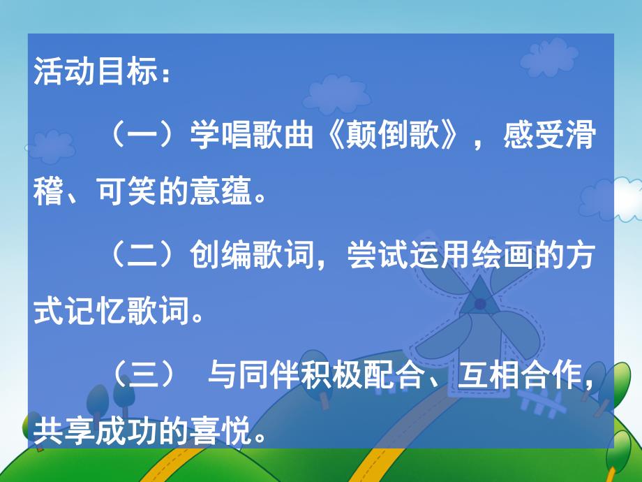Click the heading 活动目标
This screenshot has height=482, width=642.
pyautogui.click(x=91, y=74)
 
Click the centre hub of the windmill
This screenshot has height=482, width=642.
pyautogui.click(x=480, y=304)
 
